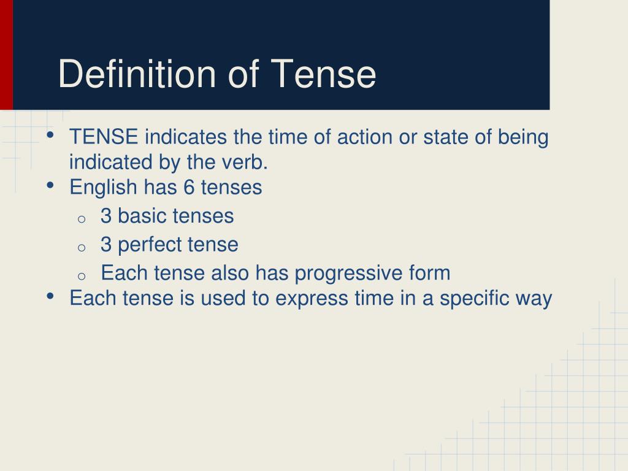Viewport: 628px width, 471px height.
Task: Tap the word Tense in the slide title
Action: (x=323, y=74)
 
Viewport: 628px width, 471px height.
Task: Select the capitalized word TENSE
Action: (x=104, y=137)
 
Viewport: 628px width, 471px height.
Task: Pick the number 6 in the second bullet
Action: (x=189, y=187)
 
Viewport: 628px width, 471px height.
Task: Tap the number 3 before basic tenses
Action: (x=105, y=215)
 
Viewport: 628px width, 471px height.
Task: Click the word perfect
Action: (x=150, y=245)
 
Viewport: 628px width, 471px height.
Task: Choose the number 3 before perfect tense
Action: (x=105, y=244)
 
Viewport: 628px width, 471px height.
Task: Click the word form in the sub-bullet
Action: (x=430, y=272)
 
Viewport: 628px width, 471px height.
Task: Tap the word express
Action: (x=312, y=299)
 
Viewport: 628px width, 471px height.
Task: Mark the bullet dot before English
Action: (x=50, y=185)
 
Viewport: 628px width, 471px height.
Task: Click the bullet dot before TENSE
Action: (x=50, y=135)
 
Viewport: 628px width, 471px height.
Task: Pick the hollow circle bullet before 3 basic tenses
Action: (x=82, y=219)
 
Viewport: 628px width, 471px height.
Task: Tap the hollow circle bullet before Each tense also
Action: (x=82, y=276)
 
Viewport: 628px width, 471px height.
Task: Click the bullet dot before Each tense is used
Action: (x=50, y=296)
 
